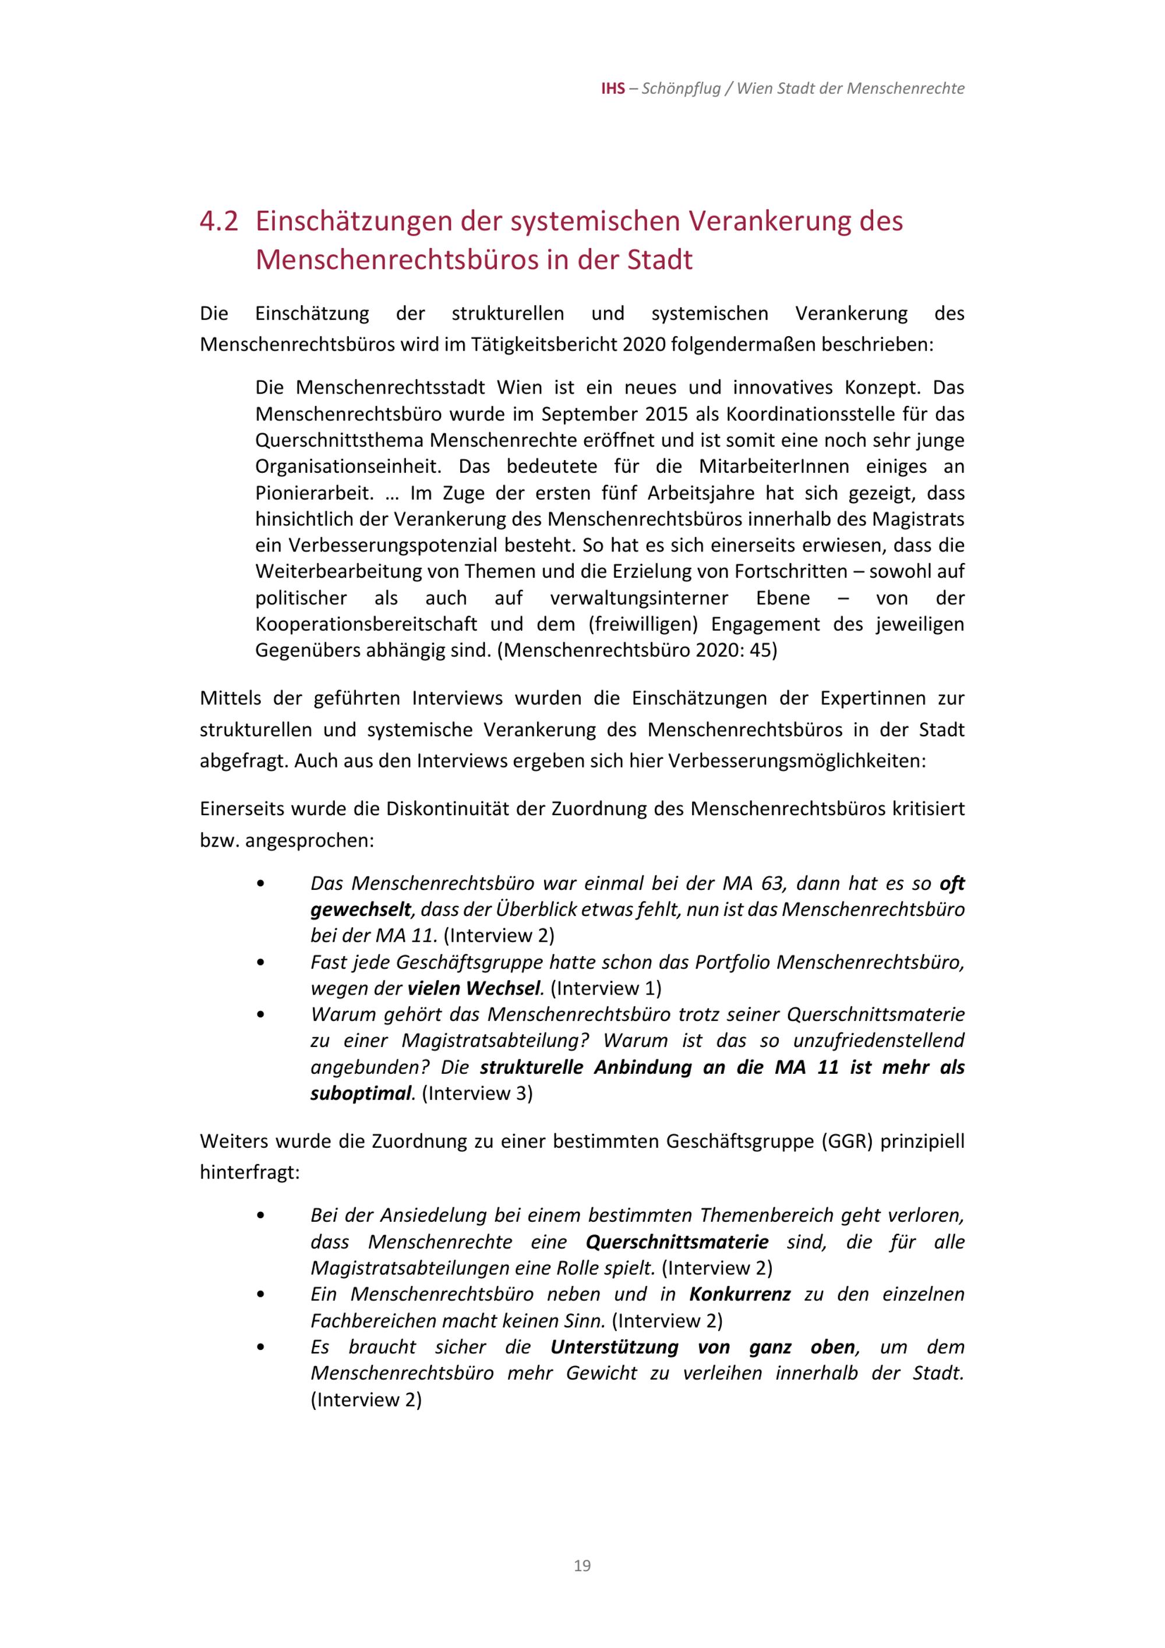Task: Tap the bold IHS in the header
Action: point(612,89)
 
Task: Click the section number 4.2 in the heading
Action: point(218,221)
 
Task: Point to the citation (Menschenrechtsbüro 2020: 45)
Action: point(637,650)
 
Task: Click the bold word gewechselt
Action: point(361,910)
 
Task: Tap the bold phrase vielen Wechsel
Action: point(473,988)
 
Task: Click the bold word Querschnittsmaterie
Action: point(677,1242)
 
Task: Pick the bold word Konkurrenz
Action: point(739,1294)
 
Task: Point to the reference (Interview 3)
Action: point(476,1093)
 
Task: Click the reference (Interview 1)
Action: point(606,988)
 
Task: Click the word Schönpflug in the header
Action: point(680,89)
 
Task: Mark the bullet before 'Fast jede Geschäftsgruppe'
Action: point(260,963)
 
